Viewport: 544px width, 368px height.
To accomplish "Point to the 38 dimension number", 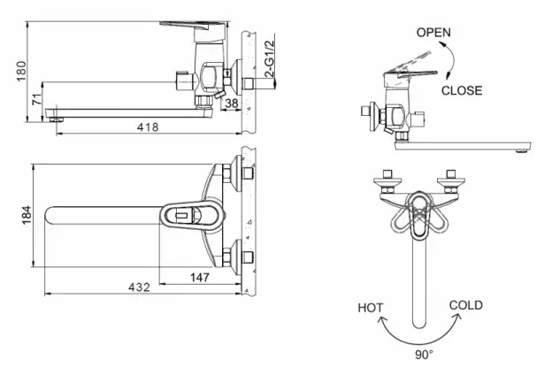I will (232, 103).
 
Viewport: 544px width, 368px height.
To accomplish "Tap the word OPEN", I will (433, 32).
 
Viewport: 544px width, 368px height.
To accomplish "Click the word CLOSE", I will (462, 90).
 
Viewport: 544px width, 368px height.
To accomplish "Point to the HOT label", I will (371, 308).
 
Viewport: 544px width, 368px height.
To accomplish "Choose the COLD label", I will (465, 305).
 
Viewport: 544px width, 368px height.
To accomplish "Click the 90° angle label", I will (424, 355).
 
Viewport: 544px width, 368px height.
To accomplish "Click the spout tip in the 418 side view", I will (58, 113).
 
